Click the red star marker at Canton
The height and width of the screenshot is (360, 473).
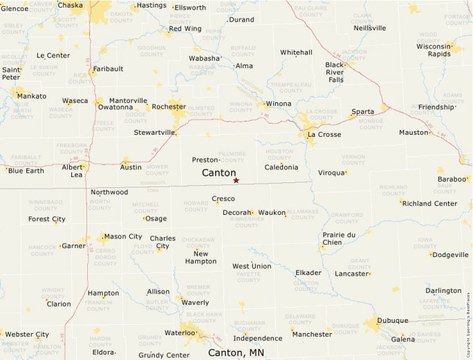(x=236, y=180)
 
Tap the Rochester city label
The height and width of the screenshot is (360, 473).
(x=168, y=107)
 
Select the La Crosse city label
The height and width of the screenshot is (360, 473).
(x=324, y=135)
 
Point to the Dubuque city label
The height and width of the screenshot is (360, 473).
(x=391, y=321)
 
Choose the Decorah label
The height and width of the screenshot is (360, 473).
(x=236, y=213)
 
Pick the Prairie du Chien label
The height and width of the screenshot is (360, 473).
(x=339, y=238)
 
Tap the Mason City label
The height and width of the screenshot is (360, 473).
(x=122, y=236)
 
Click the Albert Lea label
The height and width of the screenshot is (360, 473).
(x=73, y=171)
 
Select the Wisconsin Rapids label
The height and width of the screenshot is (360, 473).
(x=434, y=50)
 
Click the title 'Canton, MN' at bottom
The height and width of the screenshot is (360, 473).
(x=236, y=353)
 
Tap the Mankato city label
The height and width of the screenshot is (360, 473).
(x=32, y=96)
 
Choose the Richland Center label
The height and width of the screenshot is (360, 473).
(x=429, y=204)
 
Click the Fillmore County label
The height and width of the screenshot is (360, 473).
(x=232, y=156)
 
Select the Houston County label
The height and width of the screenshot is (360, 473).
(x=279, y=154)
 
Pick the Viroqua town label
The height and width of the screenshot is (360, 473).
(x=331, y=173)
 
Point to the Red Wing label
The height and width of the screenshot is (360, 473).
(x=185, y=29)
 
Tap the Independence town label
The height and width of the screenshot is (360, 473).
(x=257, y=339)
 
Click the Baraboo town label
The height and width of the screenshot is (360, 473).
(x=452, y=180)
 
